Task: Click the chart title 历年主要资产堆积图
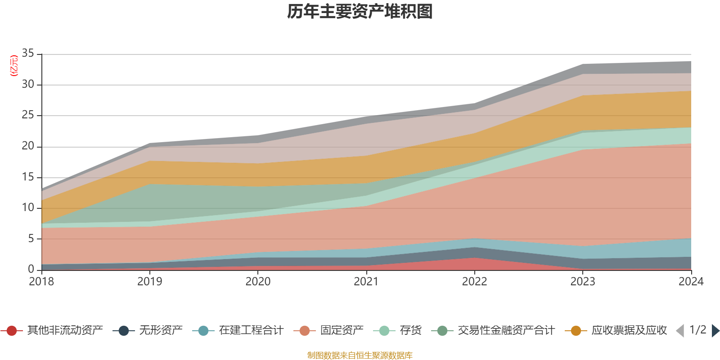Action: pos(360,12)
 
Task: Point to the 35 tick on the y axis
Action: pos(28,54)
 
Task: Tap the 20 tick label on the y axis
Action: pos(28,146)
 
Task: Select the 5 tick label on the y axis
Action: pos(31,238)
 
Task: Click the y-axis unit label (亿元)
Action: pos(14,66)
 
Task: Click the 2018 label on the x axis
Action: pos(41,282)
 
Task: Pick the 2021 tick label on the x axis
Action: pos(366,282)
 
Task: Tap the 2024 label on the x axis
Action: pos(691,282)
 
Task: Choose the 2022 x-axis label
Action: pos(474,282)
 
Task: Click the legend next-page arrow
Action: pos(715,331)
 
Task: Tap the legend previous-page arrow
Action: pos(680,331)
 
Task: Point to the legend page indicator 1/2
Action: pos(697,330)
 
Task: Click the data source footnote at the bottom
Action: pos(360,355)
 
